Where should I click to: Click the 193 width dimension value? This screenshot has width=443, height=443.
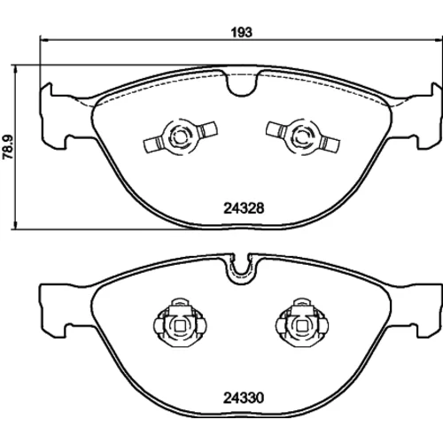tap(242, 33)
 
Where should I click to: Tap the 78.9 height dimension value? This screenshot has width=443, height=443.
tap(8, 147)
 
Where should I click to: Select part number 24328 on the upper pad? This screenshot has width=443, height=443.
tap(244, 208)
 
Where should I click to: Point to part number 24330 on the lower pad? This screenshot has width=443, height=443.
tap(244, 398)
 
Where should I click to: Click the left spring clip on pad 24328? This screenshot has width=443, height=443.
tap(180, 136)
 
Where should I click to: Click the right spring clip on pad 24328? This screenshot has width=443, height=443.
tap(302, 136)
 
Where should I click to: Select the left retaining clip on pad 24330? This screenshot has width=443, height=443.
tap(180, 323)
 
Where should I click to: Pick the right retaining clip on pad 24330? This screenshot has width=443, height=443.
tap(302, 323)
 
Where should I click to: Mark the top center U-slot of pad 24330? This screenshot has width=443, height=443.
tap(242, 268)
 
